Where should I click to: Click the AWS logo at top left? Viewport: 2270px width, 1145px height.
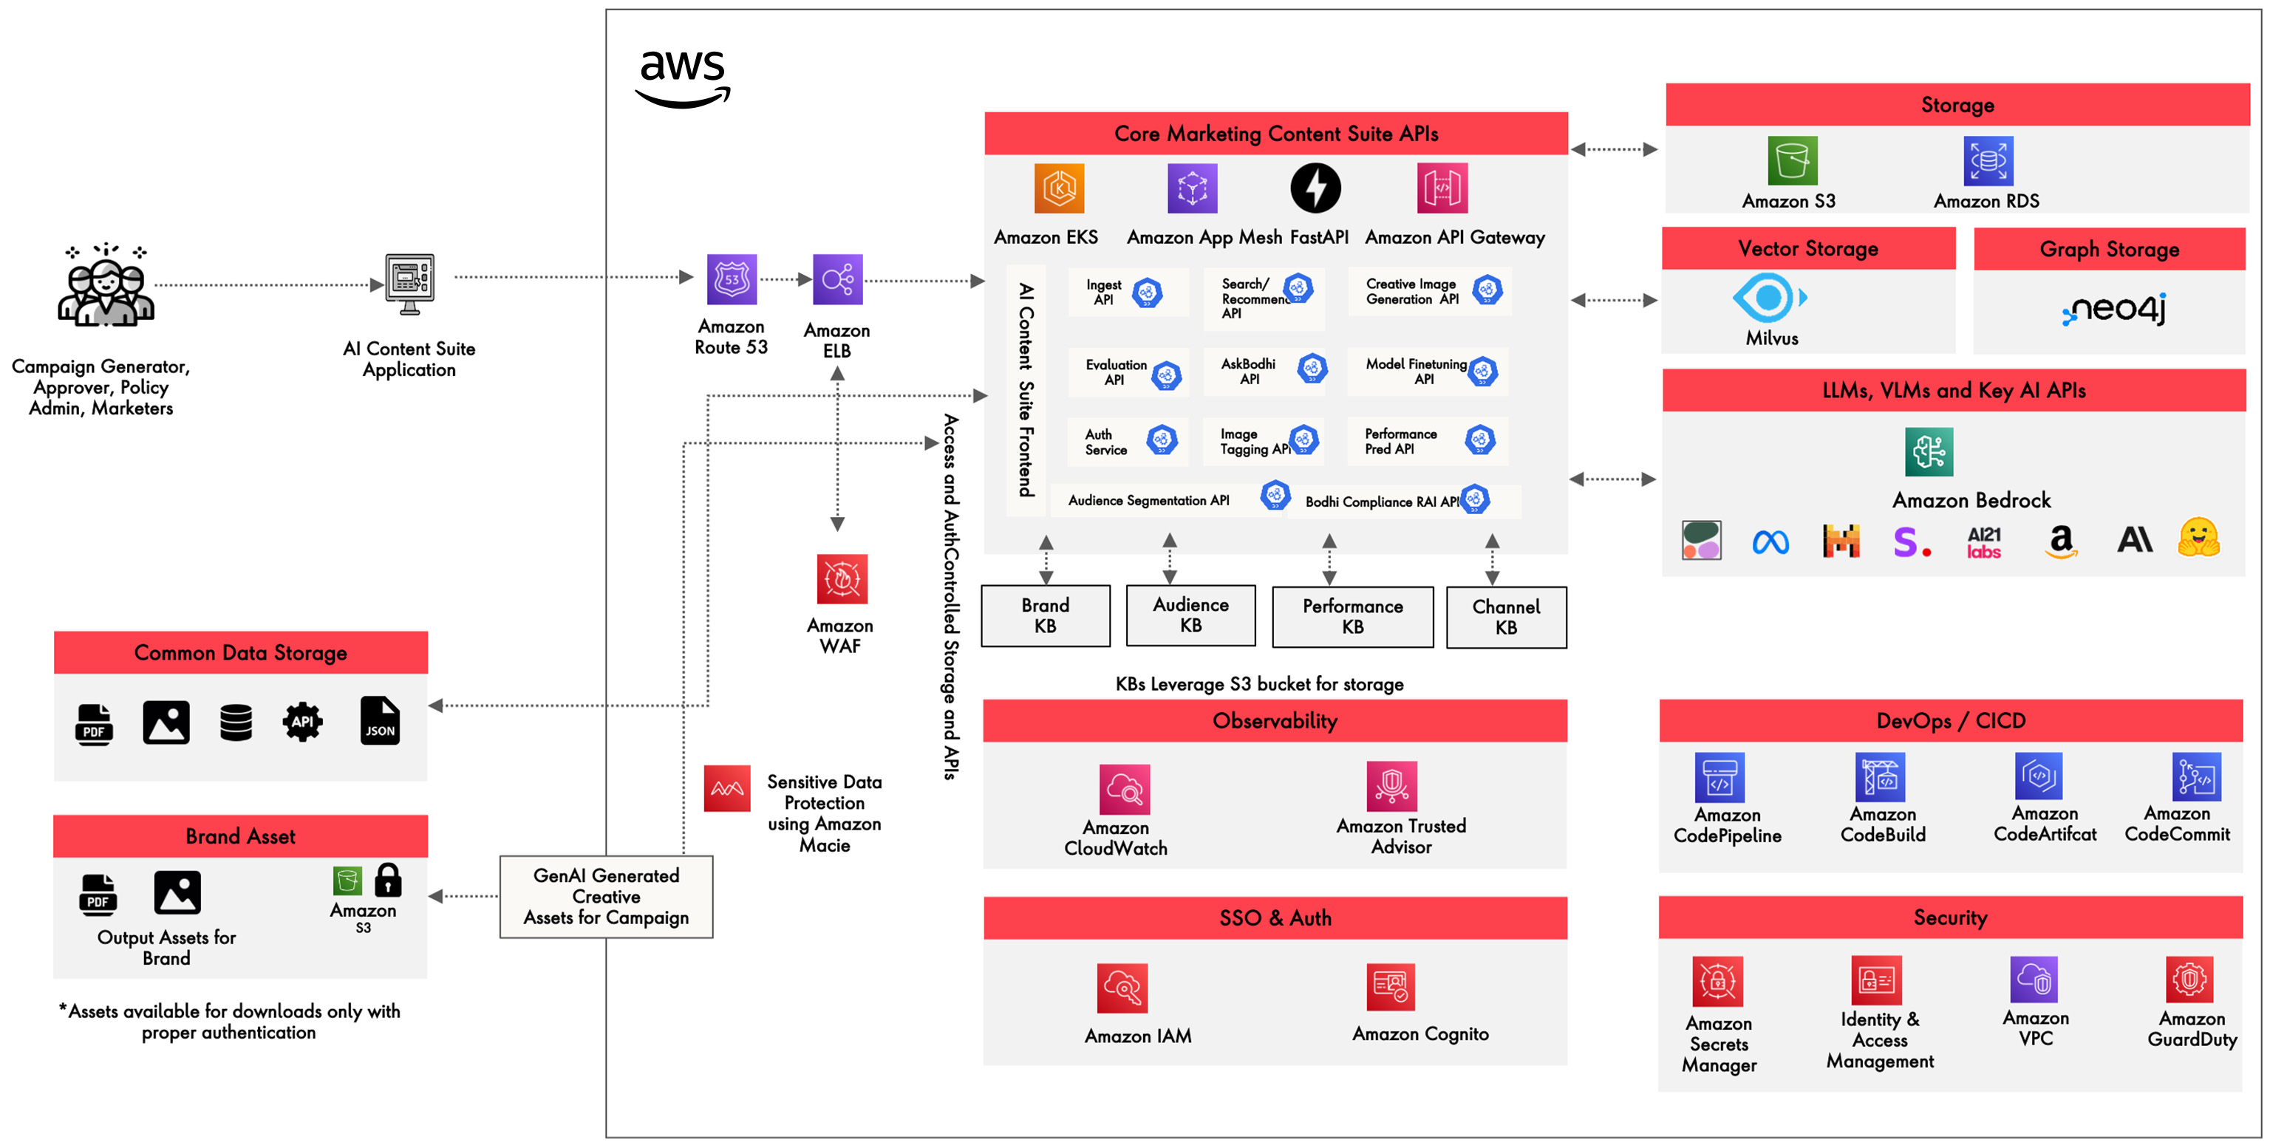click(683, 78)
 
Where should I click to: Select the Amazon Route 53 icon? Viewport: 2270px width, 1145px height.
click(732, 279)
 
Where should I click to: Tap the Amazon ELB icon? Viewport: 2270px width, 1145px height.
click(837, 280)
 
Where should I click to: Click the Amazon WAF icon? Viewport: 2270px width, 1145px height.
click(842, 578)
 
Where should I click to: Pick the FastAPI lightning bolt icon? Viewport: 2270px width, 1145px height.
click(1315, 188)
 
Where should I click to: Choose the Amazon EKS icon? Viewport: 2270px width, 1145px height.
click(1058, 188)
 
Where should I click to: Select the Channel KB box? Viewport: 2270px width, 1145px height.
click(1506, 618)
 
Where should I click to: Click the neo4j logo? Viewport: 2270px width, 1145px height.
click(2115, 309)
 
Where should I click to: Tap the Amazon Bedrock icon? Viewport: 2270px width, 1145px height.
click(1928, 452)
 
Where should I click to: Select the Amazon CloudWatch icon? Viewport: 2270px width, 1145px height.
click(1125, 789)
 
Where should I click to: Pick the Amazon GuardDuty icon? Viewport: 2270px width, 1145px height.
click(2189, 979)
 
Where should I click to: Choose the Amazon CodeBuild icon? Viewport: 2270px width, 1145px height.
click(1880, 777)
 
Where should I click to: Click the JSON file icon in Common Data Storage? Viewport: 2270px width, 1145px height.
click(380, 721)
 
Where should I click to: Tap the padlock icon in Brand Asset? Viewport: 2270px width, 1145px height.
click(388, 880)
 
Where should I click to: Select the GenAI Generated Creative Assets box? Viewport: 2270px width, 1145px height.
click(606, 897)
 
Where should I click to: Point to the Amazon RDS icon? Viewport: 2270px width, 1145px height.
click(1987, 161)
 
